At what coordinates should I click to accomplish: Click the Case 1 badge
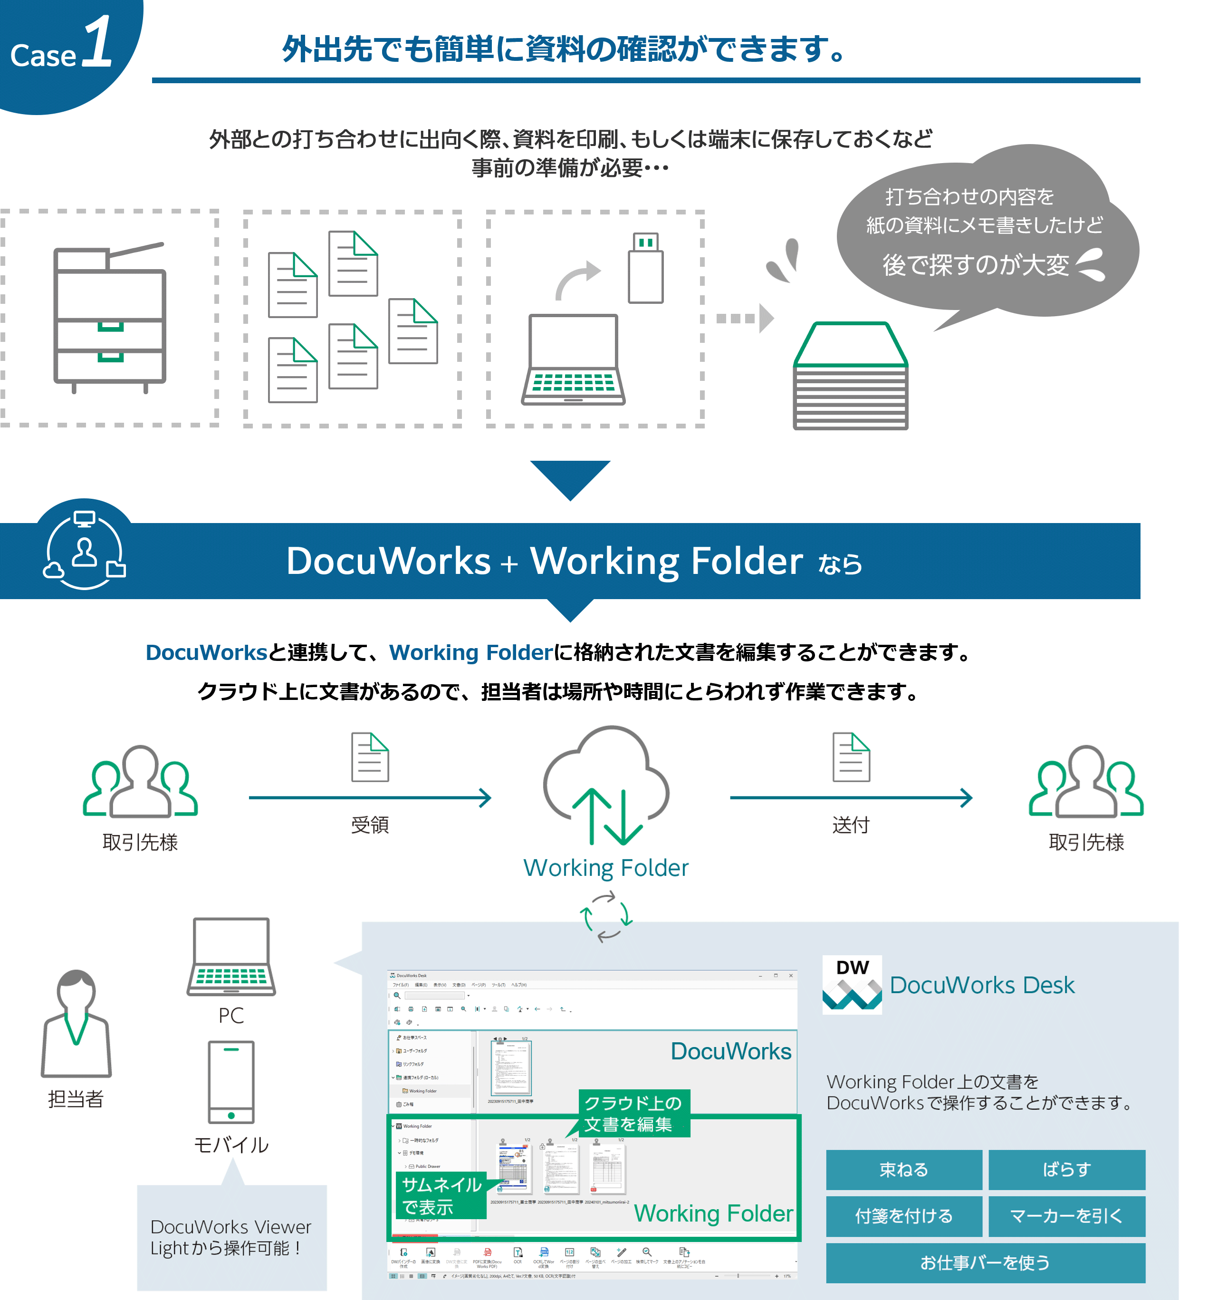62,46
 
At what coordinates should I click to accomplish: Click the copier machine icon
109,319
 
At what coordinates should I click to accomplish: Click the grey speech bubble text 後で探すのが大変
975,265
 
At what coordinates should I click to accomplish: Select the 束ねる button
903,1170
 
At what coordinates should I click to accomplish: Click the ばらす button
1066,1170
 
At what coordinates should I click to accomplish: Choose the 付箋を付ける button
903,1216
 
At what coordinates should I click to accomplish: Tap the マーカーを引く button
1066,1216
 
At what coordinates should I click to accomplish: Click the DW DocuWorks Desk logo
852,985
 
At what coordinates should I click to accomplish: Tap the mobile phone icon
231,1082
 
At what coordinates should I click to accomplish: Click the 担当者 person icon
77,1023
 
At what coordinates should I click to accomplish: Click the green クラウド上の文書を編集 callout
633,1114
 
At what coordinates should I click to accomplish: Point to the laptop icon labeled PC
231,957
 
